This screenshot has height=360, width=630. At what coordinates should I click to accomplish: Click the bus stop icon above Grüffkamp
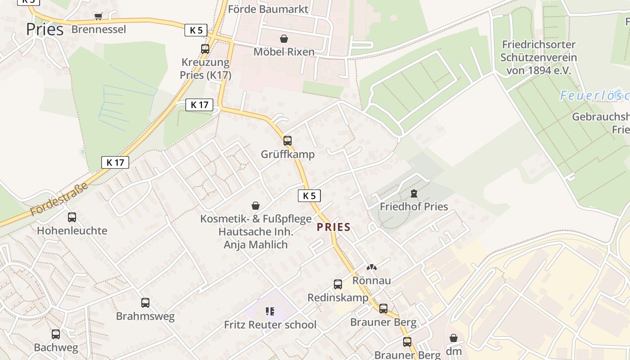pyautogui.click(x=288, y=140)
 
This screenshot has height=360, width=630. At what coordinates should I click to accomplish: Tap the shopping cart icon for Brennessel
pyautogui.click(x=98, y=16)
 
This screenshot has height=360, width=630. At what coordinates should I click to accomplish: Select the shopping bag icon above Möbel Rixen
pyautogui.click(x=284, y=39)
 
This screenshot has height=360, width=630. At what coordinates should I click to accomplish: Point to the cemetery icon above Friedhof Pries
pyautogui.click(x=414, y=193)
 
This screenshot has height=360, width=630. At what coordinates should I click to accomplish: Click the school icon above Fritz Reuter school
pyautogui.click(x=270, y=311)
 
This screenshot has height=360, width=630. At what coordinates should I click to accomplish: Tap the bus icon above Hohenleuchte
pyautogui.click(x=72, y=217)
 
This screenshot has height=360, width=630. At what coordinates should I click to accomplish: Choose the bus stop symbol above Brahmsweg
pyautogui.click(x=145, y=303)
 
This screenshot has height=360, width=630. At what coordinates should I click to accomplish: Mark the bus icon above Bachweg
pyautogui.click(x=56, y=334)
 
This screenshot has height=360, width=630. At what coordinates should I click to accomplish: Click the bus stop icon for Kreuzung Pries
pyautogui.click(x=205, y=49)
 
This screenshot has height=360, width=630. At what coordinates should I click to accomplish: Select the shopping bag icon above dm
pyautogui.click(x=454, y=337)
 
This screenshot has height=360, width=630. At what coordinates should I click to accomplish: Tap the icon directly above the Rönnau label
pyautogui.click(x=372, y=267)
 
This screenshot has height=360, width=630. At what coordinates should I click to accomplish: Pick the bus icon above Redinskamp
pyautogui.click(x=338, y=284)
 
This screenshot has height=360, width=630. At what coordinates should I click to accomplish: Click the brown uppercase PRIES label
pyautogui.click(x=333, y=227)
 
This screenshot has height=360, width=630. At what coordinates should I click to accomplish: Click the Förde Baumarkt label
pyautogui.click(x=268, y=9)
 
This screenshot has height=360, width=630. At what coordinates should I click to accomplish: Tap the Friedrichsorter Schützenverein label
pyautogui.click(x=539, y=58)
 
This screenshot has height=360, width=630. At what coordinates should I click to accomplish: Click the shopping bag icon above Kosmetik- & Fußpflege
pyautogui.click(x=256, y=206)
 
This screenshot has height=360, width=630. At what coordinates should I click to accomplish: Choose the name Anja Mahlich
pyautogui.click(x=256, y=245)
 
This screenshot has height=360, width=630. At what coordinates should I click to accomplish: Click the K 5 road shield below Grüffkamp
pyautogui.click(x=309, y=195)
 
